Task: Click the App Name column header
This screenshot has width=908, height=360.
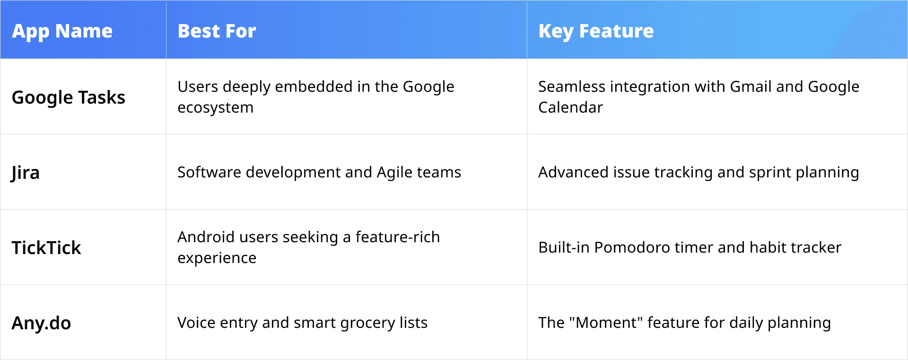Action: [62, 31]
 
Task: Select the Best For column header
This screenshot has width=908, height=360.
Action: [217, 31]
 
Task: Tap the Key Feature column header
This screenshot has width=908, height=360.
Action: [596, 31]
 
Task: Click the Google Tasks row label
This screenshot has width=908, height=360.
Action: [68, 97]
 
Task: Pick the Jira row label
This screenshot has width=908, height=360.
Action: [26, 173]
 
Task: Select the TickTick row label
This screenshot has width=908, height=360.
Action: [46, 248]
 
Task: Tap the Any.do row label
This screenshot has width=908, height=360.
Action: [41, 323]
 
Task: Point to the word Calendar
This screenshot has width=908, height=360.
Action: [570, 107]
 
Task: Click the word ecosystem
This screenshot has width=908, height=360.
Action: [215, 107]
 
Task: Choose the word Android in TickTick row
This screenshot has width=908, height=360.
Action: [206, 237]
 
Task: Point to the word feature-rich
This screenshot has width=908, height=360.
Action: [397, 237]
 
